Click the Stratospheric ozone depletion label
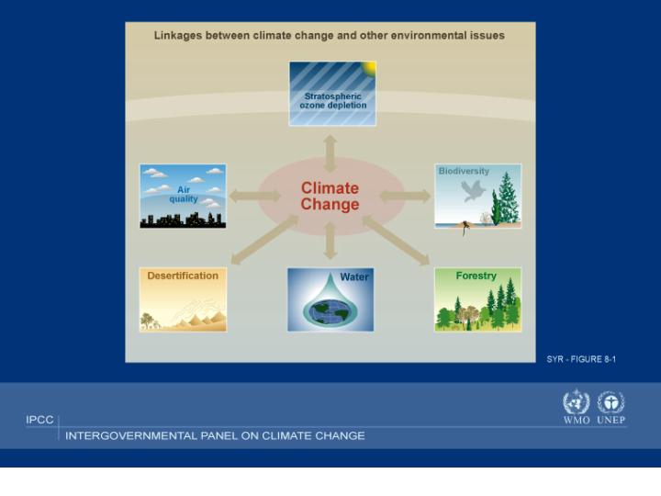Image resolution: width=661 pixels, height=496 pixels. (333, 101)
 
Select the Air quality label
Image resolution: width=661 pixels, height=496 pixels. (184, 194)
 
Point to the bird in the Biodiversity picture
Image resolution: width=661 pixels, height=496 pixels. (473, 191)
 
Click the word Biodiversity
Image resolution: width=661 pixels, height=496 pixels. (464, 171)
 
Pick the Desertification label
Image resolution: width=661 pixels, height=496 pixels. (183, 276)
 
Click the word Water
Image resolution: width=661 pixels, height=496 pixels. (354, 276)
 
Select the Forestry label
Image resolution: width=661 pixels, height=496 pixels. (476, 276)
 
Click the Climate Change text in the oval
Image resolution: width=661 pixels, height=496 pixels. (330, 197)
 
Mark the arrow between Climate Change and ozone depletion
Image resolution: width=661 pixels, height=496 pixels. (330, 153)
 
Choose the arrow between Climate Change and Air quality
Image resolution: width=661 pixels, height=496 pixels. (255, 197)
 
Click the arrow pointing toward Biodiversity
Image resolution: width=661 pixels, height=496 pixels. (405, 197)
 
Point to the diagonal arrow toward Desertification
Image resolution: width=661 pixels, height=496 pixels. (265, 240)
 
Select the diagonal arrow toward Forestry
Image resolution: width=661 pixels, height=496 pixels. (396, 241)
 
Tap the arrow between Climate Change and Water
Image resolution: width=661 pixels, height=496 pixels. (330, 241)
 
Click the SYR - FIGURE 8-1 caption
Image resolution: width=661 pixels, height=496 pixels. (581, 359)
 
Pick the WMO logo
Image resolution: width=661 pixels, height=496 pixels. (577, 407)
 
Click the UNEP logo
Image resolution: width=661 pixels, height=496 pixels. (611, 407)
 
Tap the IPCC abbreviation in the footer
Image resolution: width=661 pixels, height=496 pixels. (39, 420)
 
